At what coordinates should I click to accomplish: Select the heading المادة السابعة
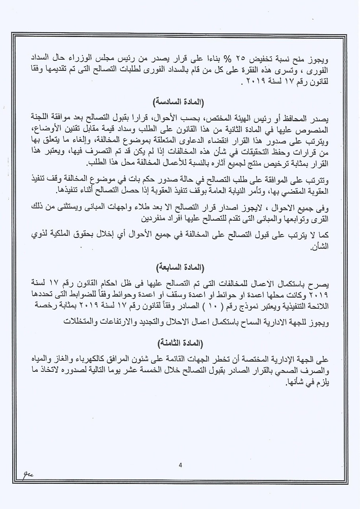pyautogui.click(x=180, y=267)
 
